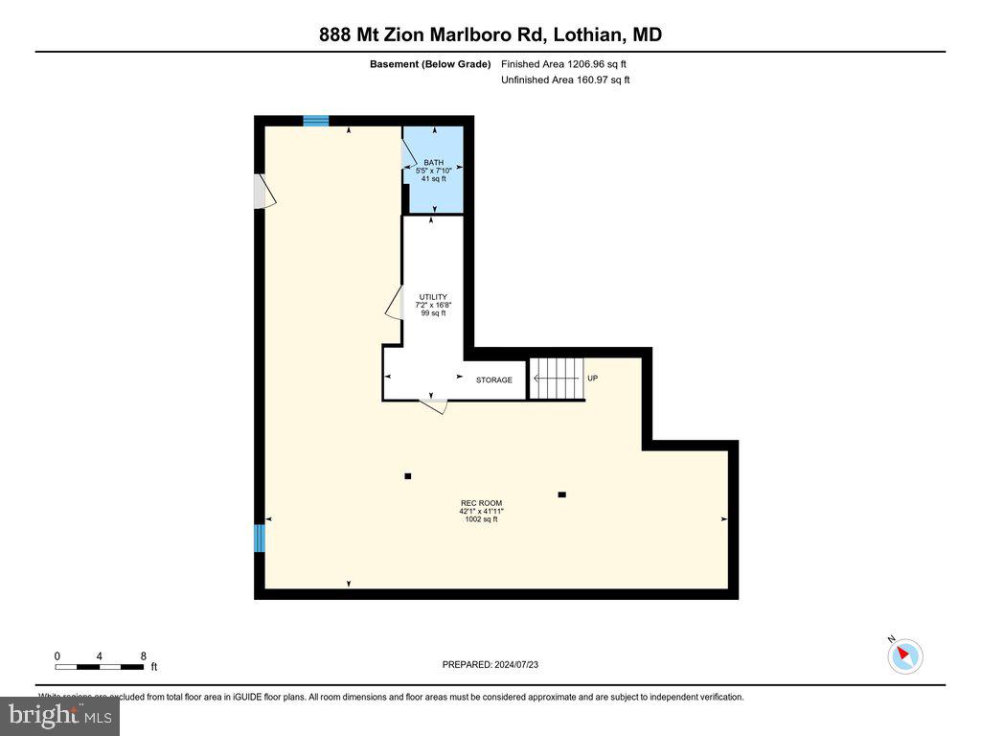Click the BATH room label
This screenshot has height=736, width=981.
pyautogui.click(x=433, y=163)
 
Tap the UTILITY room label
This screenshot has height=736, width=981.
pyautogui.click(x=433, y=297)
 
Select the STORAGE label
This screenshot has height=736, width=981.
pyautogui.click(x=494, y=380)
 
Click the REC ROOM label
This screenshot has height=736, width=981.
pyautogui.click(x=481, y=503)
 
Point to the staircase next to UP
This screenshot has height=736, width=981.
pyautogui.click(x=558, y=379)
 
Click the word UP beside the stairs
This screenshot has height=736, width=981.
pyautogui.click(x=592, y=379)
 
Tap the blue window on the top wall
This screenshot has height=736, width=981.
pyautogui.click(x=316, y=121)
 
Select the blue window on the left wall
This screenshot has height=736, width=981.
pyautogui.click(x=259, y=538)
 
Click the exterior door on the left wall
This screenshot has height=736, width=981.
pyautogui.click(x=262, y=191)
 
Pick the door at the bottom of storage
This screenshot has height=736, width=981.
pyautogui.click(x=435, y=404)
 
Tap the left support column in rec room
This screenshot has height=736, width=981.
pyautogui.click(x=408, y=476)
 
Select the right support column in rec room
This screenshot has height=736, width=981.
pyautogui.click(x=561, y=494)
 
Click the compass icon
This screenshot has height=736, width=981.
pyautogui.click(x=904, y=655)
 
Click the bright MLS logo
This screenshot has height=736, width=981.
pyautogui.click(x=59, y=716)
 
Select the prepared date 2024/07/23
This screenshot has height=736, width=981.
pyautogui.click(x=496, y=664)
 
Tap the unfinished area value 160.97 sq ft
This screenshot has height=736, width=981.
pyautogui.click(x=565, y=80)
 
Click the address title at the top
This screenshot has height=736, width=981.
pyautogui.click(x=490, y=34)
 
